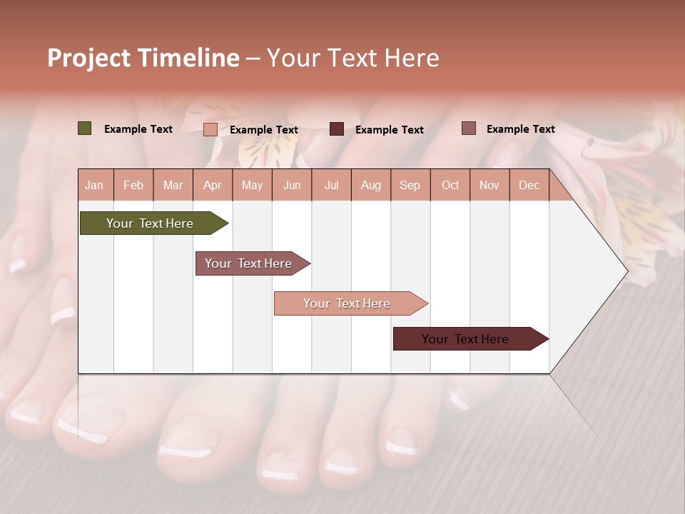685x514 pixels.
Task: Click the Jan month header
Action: (x=94, y=185)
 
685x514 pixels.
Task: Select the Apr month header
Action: (x=212, y=185)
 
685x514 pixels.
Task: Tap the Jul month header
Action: (x=331, y=185)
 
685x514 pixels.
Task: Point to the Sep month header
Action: (x=410, y=185)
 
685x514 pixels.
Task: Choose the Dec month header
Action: (x=529, y=185)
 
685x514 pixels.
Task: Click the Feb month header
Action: (x=133, y=185)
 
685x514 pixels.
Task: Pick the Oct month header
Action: (x=450, y=185)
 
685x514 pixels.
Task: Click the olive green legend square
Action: (x=85, y=128)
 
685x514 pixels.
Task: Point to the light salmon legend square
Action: (x=210, y=129)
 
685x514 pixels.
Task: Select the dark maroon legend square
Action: (x=337, y=129)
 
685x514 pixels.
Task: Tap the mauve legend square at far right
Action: (x=468, y=128)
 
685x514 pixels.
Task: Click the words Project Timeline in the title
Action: (x=143, y=58)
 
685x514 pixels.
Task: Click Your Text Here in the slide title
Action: (x=353, y=58)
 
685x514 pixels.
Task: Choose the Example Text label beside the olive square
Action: (x=138, y=129)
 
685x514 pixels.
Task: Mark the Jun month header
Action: (x=292, y=185)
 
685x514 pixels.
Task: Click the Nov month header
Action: (x=489, y=185)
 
